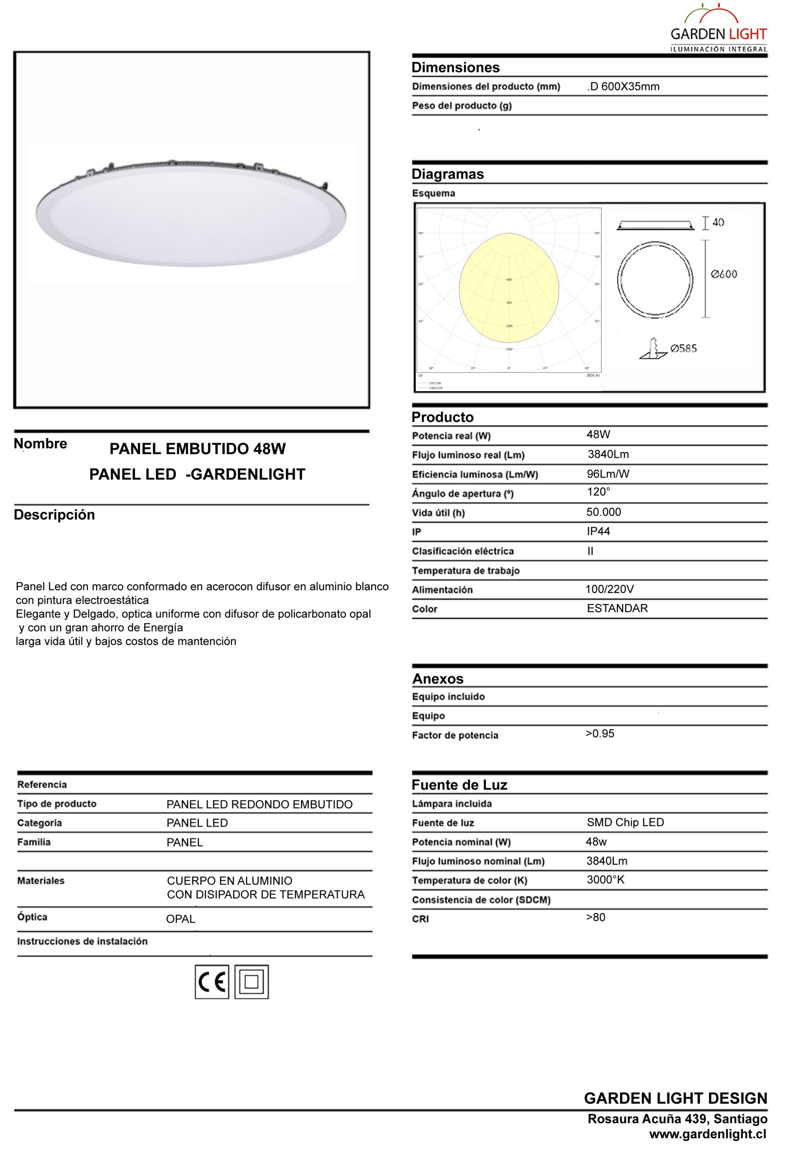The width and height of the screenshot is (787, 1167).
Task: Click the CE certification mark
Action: [x=212, y=982]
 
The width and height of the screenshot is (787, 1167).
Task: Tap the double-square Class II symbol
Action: [x=252, y=982]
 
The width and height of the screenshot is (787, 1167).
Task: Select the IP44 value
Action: [x=598, y=531]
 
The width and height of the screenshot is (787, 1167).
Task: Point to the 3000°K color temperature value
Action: [x=605, y=879]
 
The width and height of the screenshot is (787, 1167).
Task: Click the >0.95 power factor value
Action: [x=600, y=733]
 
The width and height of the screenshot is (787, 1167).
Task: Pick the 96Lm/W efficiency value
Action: [x=608, y=474]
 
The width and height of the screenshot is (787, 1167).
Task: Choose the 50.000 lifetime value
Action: [x=604, y=512]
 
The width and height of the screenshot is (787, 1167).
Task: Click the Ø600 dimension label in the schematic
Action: [x=724, y=274]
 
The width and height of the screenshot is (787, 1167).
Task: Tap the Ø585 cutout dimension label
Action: [x=684, y=348]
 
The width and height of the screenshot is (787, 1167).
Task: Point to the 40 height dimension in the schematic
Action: [x=718, y=222]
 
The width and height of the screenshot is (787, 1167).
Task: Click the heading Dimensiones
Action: [x=455, y=67]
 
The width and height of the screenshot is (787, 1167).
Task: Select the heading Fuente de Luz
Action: [x=459, y=785]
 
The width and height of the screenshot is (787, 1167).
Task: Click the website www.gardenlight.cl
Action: [x=708, y=1134]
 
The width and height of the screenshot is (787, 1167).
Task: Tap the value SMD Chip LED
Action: [x=625, y=822]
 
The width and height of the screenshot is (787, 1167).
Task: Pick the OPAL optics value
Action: [x=181, y=919]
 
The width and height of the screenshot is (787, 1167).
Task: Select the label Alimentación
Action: [x=442, y=590]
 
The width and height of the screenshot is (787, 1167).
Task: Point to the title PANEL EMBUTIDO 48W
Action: [x=198, y=449]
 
